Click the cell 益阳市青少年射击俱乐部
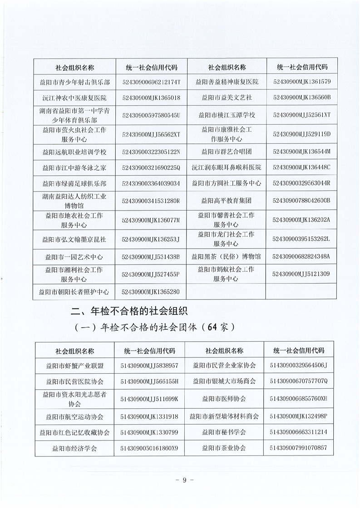coord(75,82)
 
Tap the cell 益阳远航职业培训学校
coord(75,152)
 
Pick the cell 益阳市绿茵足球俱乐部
coord(75,183)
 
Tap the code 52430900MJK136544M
coord(301,152)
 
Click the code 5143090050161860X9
coord(149,448)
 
